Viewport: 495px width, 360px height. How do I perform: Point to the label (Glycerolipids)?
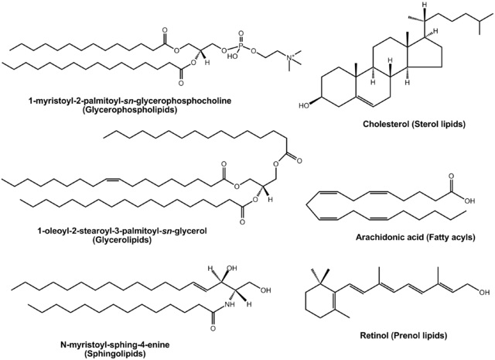[x=109, y=241]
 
